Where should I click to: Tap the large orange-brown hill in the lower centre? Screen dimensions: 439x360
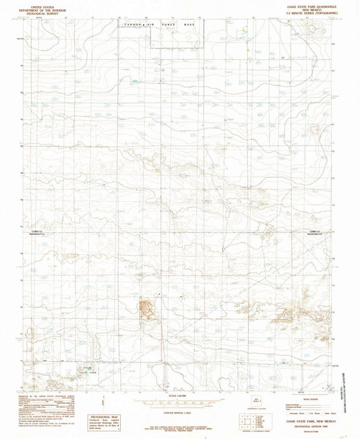tap(145, 309)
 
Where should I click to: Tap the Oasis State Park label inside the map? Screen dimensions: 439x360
tap(82, 370)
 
